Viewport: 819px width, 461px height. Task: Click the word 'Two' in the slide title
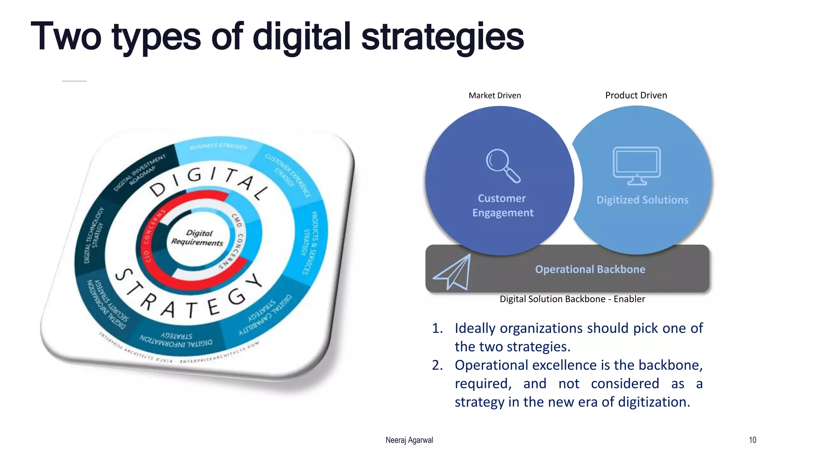coord(66,37)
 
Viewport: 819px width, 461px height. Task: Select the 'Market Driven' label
coord(495,96)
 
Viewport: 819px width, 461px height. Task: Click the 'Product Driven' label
coord(636,95)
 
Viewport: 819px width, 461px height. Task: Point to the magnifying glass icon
coord(503,166)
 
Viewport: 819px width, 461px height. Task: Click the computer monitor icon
coord(637,166)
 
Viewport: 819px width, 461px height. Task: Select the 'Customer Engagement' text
coord(502,205)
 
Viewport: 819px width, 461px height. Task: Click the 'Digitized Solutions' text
coord(642,200)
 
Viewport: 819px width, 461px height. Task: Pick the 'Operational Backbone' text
coord(590,269)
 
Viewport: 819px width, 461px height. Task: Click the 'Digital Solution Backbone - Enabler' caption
coord(572,299)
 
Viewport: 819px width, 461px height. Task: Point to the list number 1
coord(437,329)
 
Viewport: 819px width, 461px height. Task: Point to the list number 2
coord(437,365)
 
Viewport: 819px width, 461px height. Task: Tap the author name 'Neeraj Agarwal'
coord(409,440)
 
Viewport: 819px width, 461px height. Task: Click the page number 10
coord(752,440)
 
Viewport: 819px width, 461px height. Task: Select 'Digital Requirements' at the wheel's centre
coord(198,238)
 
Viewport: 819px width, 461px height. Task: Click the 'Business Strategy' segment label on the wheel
coord(218,146)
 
